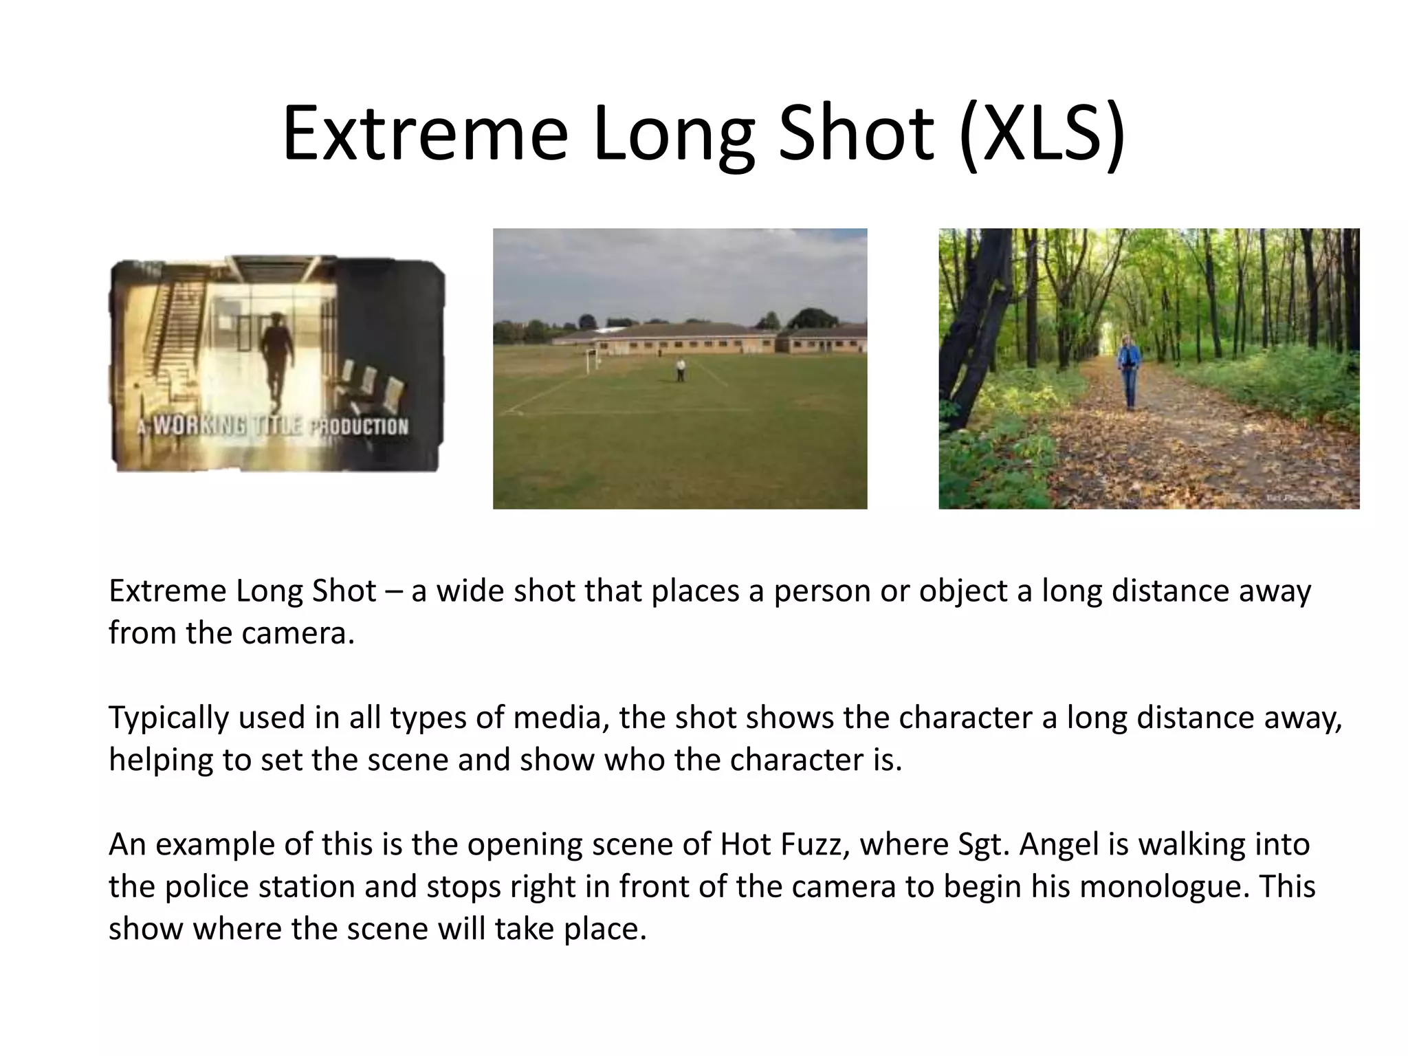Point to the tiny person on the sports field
(680, 370)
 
